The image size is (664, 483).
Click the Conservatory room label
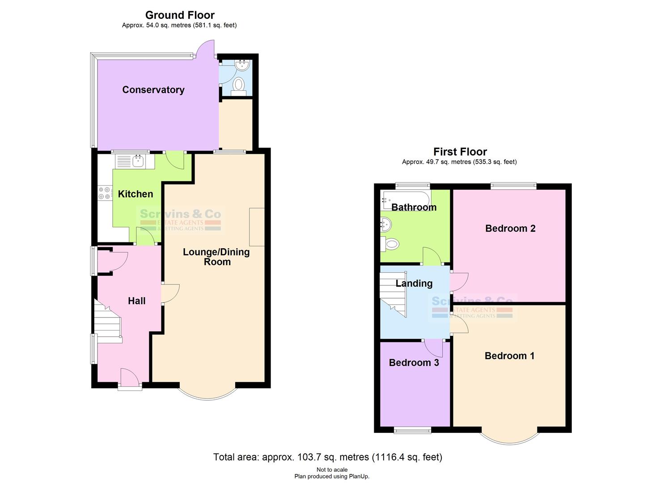(153, 90)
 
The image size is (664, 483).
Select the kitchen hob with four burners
(105, 193)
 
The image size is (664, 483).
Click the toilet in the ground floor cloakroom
(239, 85)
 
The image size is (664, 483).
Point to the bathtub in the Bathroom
(405, 200)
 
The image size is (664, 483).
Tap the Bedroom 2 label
(510, 229)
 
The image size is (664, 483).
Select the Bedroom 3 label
(414, 363)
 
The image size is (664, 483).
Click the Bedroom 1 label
(509, 356)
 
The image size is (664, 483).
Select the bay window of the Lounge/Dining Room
(207, 393)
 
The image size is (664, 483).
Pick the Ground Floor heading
(180, 15)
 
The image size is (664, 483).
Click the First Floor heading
(460, 152)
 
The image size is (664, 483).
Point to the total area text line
(327, 457)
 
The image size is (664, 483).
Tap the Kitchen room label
(135, 194)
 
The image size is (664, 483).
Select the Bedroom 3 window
(412, 430)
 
